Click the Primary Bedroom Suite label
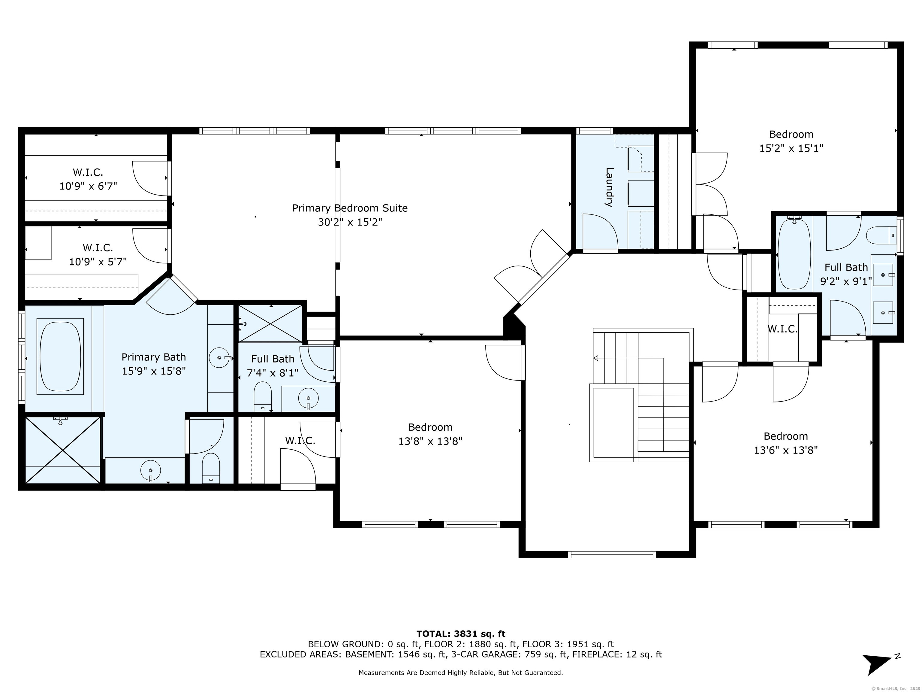pyautogui.click(x=350, y=208)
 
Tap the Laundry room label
pyautogui.click(x=609, y=187)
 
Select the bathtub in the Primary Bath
pyautogui.click(x=60, y=356)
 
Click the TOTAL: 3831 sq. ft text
pyautogui.click(x=461, y=634)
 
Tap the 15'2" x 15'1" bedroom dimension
pyautogui.click(x=791, y=148)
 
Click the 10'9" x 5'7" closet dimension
pyautogui.click(x=98, y=262)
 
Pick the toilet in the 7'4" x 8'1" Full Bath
pyautogui.click(x=263, y=396)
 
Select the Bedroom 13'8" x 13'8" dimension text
pyautogui.click(x=430, y=441)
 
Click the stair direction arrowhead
pyautogui.click(x=596, y=358)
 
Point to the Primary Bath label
pyautogui.click(x=153, y=357)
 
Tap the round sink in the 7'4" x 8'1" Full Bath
pyautogui.click(x=309, y=398)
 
